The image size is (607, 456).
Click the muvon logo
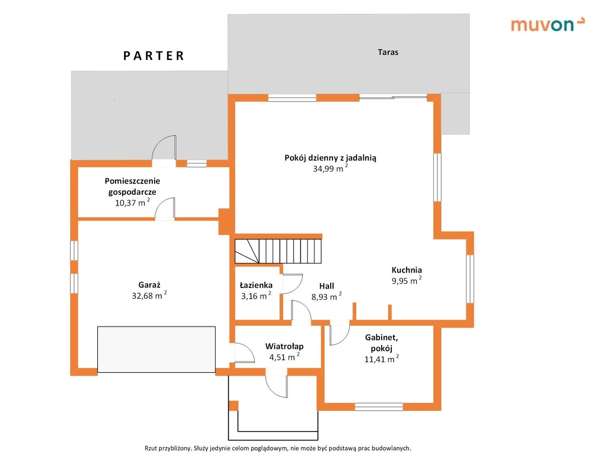coord(547,24)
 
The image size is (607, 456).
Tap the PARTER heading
coord(154,56)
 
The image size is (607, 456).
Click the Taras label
coord(388,52)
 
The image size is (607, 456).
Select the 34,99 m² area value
coord(330,168)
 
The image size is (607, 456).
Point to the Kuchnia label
coord(407,270)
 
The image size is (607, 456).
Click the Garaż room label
coord(149,284)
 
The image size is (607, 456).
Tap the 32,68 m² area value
coord(149,296)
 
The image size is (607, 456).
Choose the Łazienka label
coord(256,285)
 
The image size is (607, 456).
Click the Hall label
coord(327,286)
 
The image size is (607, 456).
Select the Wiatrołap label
coord(284,346)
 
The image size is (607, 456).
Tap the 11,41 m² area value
coord(381,359)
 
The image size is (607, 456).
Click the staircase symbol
coord(279,251)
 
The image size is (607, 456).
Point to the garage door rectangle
coord(156,349)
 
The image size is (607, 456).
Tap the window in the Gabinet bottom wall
coord(379,407)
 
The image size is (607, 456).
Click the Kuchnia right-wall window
coord(469,278)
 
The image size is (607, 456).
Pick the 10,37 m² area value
coord(132,202)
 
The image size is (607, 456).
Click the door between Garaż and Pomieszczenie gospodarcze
coord(165,209)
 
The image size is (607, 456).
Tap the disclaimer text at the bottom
coord(278,448)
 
